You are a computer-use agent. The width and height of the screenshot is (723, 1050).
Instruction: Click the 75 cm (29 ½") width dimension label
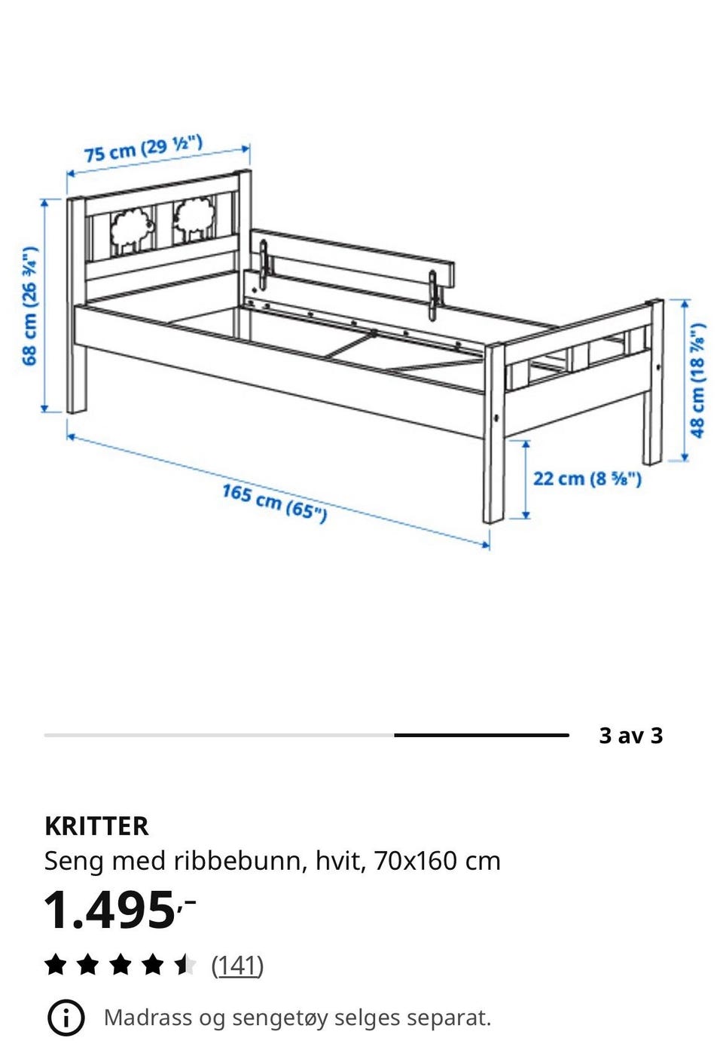tap(143, 149)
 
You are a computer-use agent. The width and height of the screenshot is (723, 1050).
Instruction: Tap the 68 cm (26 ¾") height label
tap(30, 305)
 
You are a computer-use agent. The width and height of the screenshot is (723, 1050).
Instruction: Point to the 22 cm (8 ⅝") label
tap(587, 479)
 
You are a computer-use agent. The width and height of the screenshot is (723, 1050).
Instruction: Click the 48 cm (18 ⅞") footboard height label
tap(697, 381)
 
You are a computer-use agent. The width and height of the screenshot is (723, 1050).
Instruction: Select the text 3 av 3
tap(630, 736)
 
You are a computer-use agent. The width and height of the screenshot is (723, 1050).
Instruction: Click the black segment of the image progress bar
tap(481, 736)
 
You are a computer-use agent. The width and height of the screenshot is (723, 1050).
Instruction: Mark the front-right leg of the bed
tap(493, 433)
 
